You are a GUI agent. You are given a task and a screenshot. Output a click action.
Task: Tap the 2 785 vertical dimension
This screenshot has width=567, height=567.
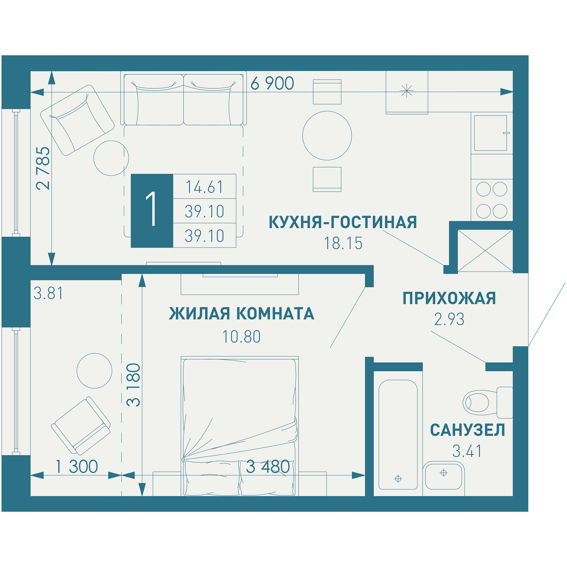pos(43,168)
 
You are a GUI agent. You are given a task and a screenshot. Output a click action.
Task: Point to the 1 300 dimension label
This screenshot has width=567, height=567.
pos(77,467)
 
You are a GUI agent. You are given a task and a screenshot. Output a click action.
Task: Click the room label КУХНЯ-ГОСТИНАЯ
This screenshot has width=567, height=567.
pos(342,222)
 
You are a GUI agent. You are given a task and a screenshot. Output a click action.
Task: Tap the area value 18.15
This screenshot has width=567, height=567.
pos(343,243)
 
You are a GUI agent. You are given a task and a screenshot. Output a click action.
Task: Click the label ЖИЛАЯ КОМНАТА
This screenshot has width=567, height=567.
pos(241,314)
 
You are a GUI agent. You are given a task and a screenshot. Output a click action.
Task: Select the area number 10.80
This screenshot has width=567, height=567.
pos(241,337)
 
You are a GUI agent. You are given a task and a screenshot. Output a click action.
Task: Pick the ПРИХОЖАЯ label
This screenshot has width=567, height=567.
pos(449,298)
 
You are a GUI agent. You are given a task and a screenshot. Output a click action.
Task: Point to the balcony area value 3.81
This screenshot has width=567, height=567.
pos(48,293)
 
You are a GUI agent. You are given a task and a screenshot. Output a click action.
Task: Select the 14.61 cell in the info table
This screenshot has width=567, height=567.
pos(205,187)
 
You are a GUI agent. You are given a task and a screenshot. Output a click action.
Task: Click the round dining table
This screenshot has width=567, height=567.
pos(327,136)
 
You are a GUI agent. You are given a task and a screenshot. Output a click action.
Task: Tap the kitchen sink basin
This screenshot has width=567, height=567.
pos(490,133)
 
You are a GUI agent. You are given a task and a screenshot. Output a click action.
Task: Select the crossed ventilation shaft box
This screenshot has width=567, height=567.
pos(485,251)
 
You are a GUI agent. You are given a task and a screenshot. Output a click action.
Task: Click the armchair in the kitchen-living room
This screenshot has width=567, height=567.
pos(77,120)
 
